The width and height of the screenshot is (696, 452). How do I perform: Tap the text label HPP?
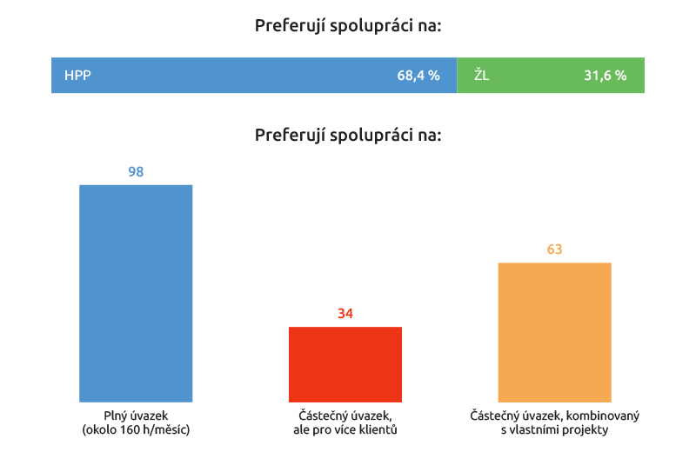[x=77, y=76]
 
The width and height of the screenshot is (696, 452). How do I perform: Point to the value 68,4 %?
[x=418, y=76]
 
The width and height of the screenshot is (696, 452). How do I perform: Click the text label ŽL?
[x=482, y=76]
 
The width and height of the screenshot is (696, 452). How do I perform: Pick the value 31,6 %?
[x=605, y=76]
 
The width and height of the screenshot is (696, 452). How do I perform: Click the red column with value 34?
[x=345, y=364]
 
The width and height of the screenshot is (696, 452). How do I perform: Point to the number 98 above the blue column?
[x=136, y=172]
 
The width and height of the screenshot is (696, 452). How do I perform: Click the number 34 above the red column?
[x=345, y=314]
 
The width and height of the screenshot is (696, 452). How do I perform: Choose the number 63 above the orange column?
[x=554, y=249]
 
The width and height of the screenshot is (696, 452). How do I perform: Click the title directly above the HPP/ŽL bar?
[x=348, y=26]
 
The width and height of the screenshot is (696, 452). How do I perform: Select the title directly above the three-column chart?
[x=348, y=136]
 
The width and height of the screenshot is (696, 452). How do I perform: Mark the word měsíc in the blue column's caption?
[x=171, y=429]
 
